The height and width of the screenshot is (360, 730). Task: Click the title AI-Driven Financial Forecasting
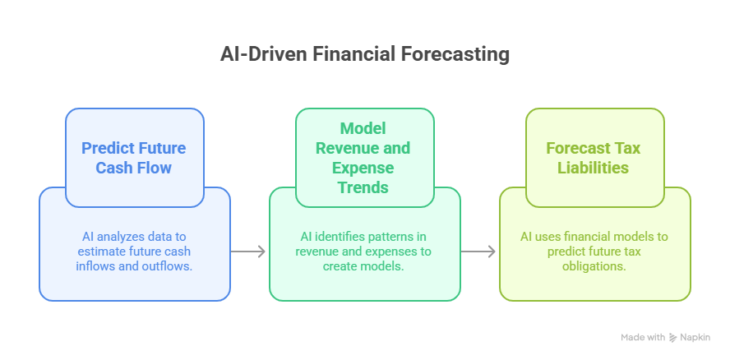coord(365,54)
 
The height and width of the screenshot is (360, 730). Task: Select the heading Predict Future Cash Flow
coord(134,158)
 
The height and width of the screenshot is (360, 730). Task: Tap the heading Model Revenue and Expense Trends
coord(364,158)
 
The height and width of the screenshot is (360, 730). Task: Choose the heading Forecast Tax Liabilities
coord(594,158)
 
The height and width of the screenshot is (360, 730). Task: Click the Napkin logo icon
coord(673,337)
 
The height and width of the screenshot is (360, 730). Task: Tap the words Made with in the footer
coord(643,337)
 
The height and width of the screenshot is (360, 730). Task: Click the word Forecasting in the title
coord(456,54)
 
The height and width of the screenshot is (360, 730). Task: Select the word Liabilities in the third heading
coord(594,168)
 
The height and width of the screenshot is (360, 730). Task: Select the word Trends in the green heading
coord(364,187)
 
